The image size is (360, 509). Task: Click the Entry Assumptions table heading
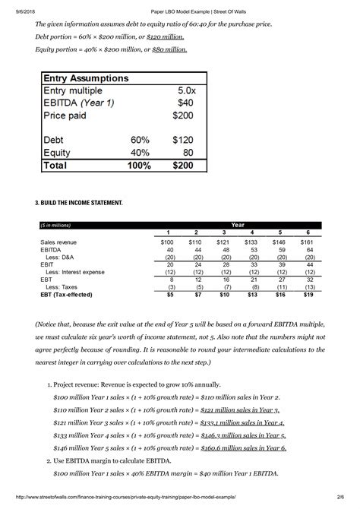point(85,78)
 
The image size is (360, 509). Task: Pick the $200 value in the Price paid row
point(184,115)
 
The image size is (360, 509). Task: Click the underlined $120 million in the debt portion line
point(166,36)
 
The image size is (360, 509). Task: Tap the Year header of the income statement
point(238,225)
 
